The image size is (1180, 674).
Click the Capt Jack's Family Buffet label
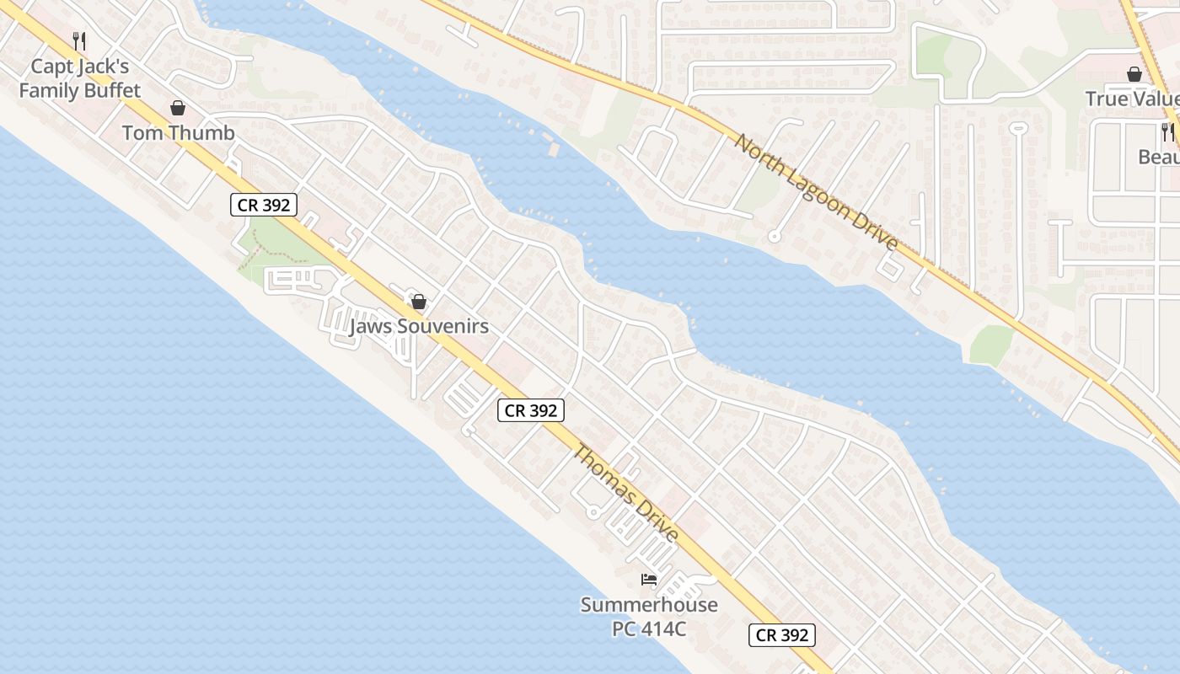tap(80, 78)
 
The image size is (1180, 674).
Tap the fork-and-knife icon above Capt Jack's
tap(79, 40)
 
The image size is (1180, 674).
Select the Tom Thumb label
tap(178, 133)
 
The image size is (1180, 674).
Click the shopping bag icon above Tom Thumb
tap(178, 108)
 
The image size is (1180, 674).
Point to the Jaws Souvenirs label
tap(419, 326)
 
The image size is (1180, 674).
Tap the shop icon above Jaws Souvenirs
tap(419, 302)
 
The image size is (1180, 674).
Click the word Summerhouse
tap(649, 605)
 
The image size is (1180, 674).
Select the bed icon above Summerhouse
tap(649, 580)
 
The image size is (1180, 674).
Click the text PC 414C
tap(649, 629)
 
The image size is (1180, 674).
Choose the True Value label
tap(1132, 99)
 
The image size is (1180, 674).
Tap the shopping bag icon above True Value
tap(1134, 74)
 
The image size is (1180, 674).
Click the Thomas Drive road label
tap(625, 494)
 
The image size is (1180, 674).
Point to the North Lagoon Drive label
tap(816, 191)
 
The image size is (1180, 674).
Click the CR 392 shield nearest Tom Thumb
tap(264, 205)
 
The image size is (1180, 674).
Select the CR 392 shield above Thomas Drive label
tap(530, 410)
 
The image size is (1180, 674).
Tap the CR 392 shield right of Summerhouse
tap(782, 635)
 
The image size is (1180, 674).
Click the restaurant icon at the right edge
tap(1167, 131)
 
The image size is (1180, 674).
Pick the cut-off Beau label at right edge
tap(1158, 157)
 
